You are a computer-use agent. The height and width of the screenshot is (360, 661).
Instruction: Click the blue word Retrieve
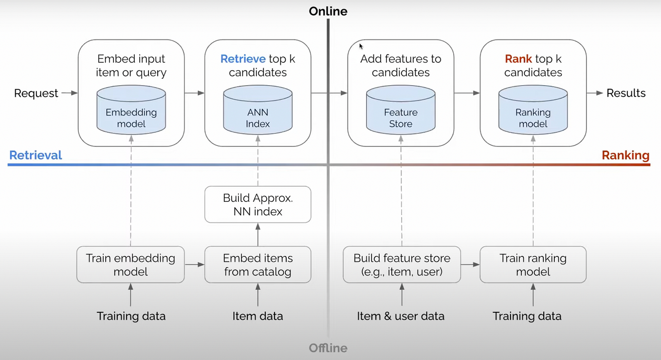pyautogui.click(x=243, y=59)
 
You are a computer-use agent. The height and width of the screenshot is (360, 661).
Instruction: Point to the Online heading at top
pyautogui.click(x=328, y=11)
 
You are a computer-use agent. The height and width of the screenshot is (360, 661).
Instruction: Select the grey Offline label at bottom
pyautogui.click(x=328, y=348)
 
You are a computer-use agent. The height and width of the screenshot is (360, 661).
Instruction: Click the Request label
pyautogui.click(x=36, y=93)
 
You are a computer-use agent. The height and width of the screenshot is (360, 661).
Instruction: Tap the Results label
pyautogui.click(x=626, y=93)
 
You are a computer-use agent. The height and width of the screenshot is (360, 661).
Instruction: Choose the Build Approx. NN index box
pyautogui.click(x=257, y=205)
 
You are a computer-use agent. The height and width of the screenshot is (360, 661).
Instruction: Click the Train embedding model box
pyautogui.click(x=130, y=265)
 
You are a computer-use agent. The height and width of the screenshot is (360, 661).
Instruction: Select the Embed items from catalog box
pyautogui.click(x=257, y=265)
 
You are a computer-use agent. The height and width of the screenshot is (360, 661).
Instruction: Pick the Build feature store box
pyautogui.click(x=402, y=265)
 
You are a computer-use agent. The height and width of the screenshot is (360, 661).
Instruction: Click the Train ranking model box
pyautogui.click(x=533, y=265)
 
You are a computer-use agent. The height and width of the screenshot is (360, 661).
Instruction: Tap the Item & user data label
pyautogui.click(x=401, y=316)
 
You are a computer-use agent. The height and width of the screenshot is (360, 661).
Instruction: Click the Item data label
pyautogui.click(x=257, y=316)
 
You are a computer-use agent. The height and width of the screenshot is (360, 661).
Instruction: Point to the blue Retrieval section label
pyautogui.click(x=36, y=155)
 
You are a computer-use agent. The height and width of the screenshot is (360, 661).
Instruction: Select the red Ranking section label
pyautogui.click(x=625, y=155)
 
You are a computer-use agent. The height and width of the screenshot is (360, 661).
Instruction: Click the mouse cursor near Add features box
pyautogui.click(x=361, y=46)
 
